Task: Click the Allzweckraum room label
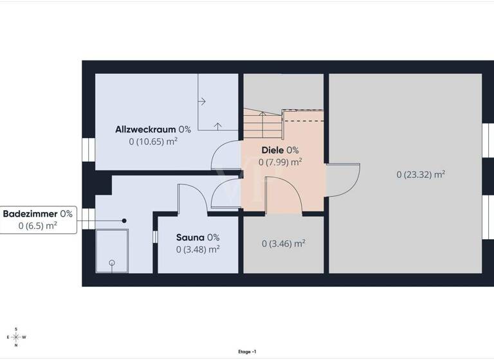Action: (x=146, y=129)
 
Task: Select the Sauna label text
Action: (x=190, y=237)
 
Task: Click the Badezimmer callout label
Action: (x=30, y=213)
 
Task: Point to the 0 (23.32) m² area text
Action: (x=421, y=174)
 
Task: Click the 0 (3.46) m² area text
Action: (x=284, y=244)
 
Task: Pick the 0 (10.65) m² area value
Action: (x=153, y=141)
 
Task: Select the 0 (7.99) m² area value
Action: (x=280, y=162)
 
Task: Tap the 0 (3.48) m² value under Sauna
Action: (x=198, y=249)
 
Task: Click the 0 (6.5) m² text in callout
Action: (x=38, y=226)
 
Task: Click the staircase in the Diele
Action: (x=262, y=124)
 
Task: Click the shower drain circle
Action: (x=112, y=263)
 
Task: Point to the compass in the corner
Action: (x=15, y=337)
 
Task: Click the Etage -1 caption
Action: (x=247, y=352)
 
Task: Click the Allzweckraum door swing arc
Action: (x=226, y=154)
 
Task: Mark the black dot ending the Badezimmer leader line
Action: (x=125, y=221)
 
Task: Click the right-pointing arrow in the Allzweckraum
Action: (x=203, y=101)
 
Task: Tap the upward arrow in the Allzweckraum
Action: (x=218, y=125)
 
